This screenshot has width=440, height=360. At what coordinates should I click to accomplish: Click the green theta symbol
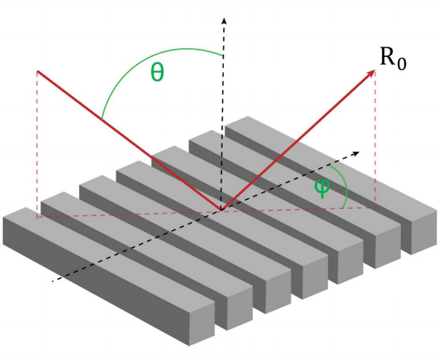point(157,72)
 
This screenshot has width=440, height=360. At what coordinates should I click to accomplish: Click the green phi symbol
point(322,188)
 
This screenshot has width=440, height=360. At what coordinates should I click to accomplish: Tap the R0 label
point(393,59)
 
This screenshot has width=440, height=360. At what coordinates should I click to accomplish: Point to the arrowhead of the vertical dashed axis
point(224,20)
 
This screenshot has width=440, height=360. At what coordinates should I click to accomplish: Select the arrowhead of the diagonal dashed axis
point(357,153)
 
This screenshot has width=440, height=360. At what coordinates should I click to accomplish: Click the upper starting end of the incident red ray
point(38,71)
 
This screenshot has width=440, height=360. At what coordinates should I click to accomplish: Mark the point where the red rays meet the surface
point(222,210)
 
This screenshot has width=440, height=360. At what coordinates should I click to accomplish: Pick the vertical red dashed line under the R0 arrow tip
point(375,140)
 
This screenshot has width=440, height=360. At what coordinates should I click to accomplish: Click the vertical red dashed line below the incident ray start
point(38,144)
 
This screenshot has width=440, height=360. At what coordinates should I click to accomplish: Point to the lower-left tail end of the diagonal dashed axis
point(53,280)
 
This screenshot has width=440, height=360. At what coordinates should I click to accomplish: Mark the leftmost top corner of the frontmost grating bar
point(3,217)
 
